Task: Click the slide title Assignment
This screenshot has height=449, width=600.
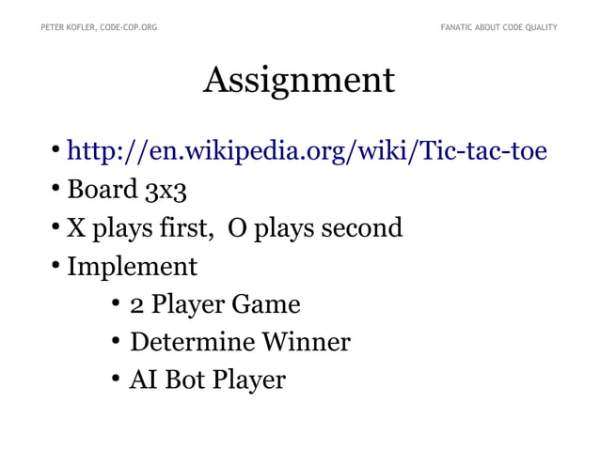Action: pos(299,82)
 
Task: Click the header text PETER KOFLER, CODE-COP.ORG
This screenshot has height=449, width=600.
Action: pos(99,27)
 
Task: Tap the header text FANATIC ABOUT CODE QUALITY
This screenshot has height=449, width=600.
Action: pos(498,27)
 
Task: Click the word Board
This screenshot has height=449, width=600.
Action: pos(103,190)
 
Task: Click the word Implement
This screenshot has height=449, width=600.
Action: pos(132,267)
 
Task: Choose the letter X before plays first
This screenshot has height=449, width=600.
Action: pos(76,227)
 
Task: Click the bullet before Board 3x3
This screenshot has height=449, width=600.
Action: pos(56,191)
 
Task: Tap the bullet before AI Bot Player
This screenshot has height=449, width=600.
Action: pos(115,379)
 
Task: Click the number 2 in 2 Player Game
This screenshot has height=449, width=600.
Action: pos(135,305)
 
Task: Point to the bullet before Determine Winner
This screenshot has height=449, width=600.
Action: pos(115,342)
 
